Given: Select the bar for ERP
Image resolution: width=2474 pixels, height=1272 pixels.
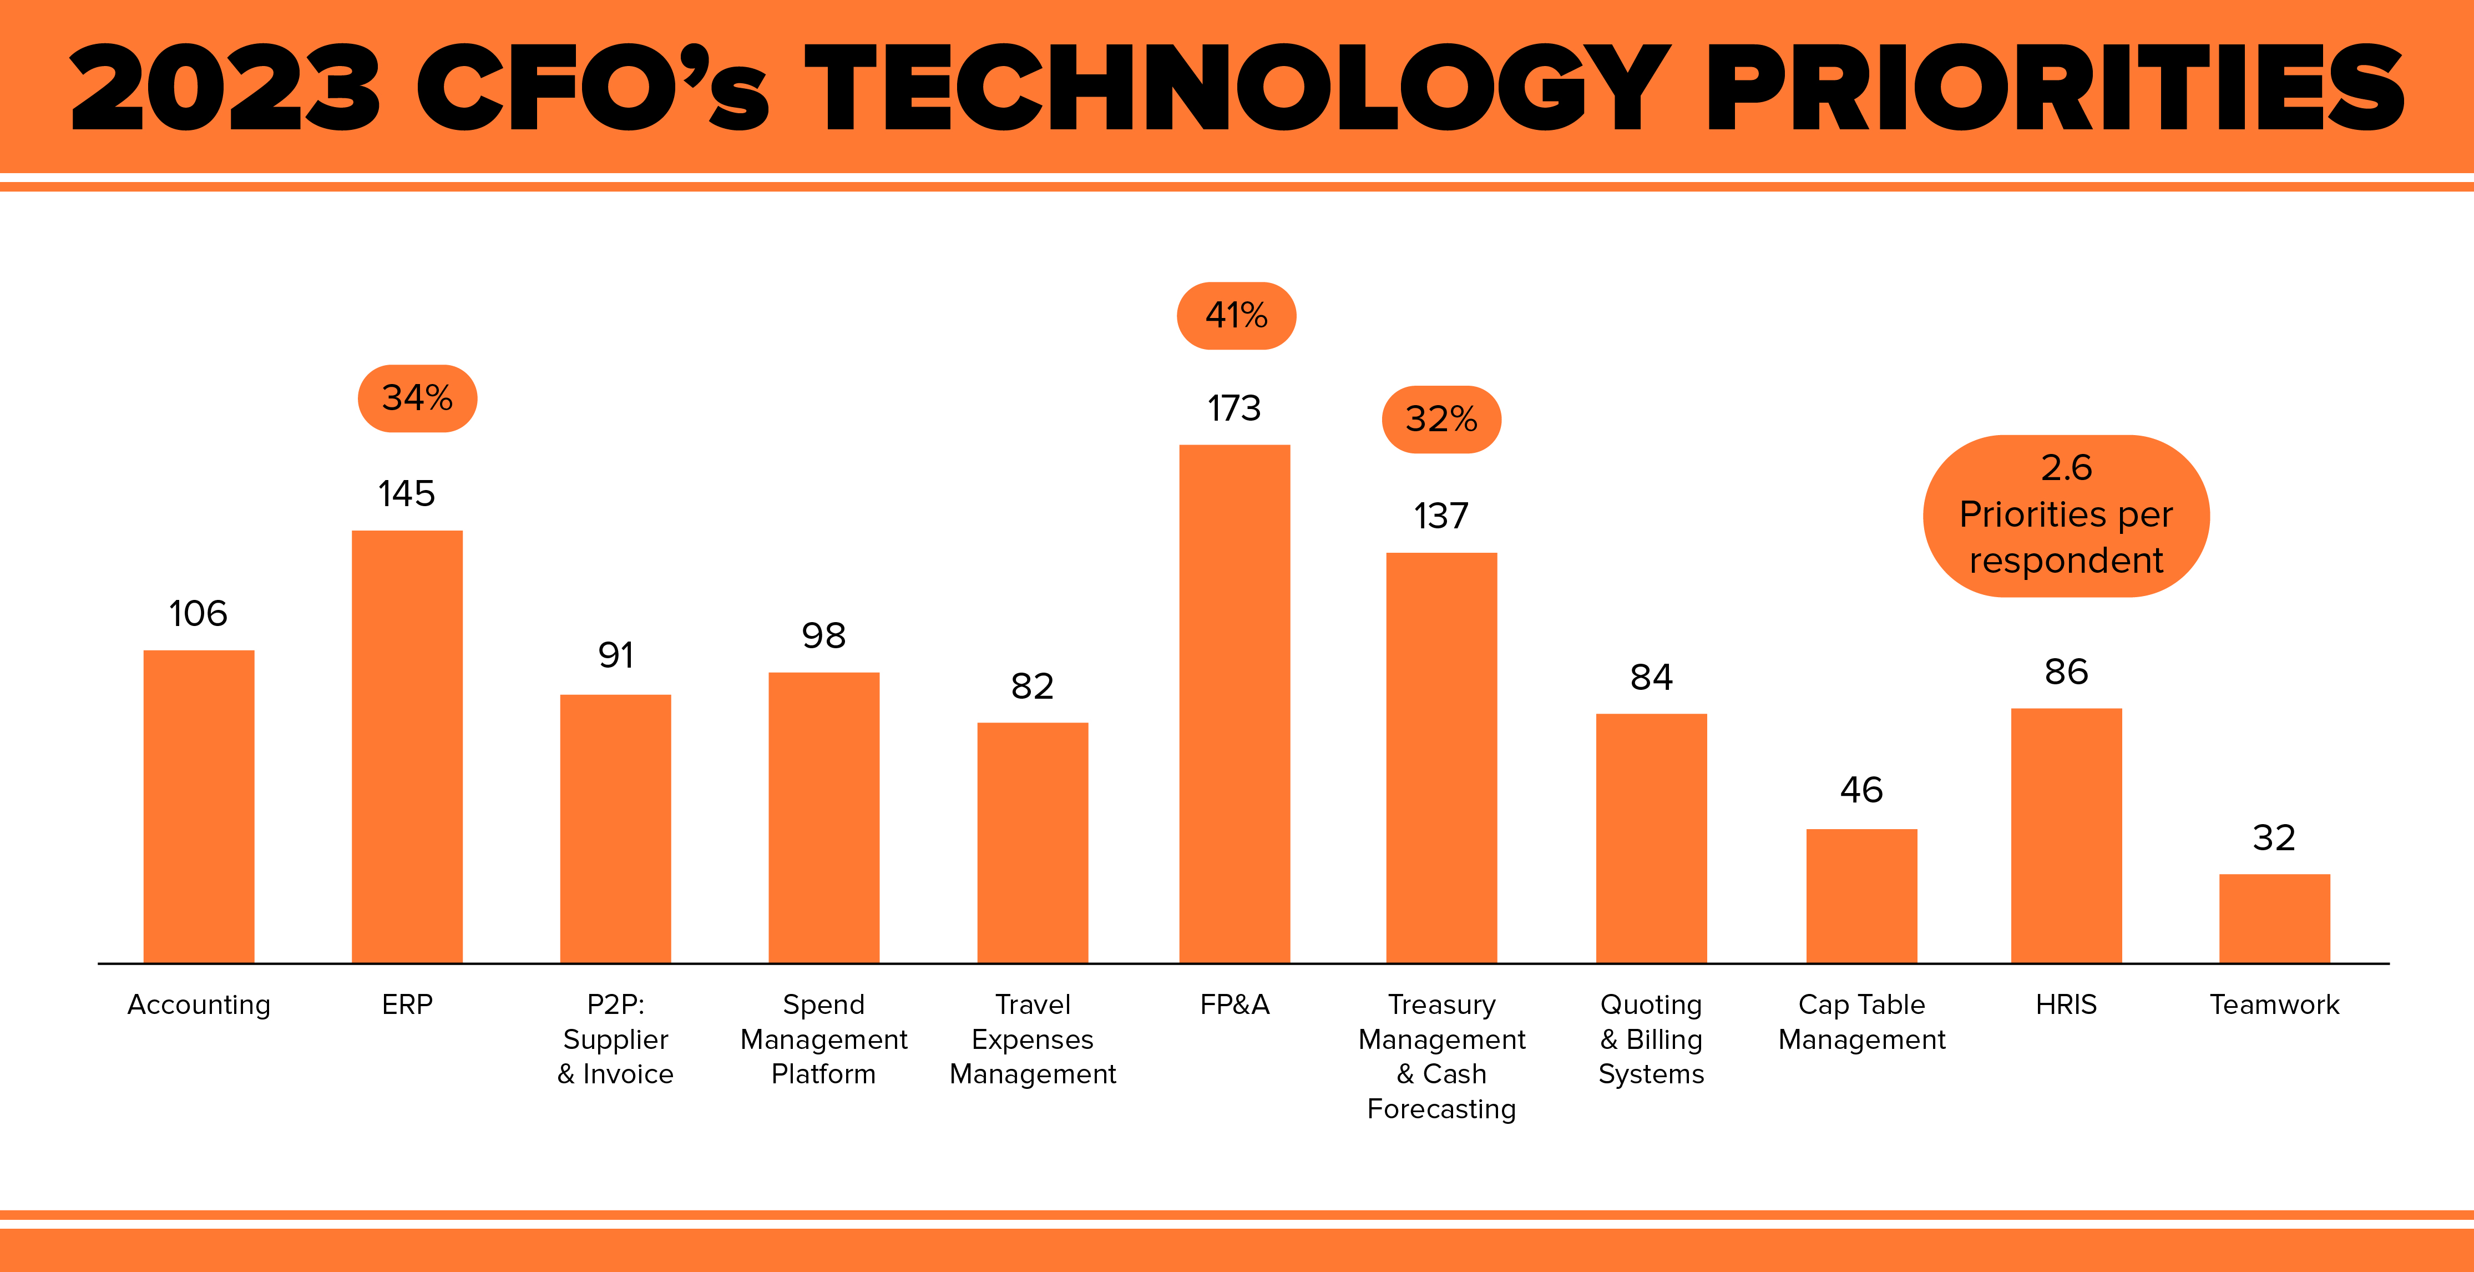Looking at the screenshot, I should [407, 746].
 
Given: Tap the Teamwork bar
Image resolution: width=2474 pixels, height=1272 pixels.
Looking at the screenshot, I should [2274, 918].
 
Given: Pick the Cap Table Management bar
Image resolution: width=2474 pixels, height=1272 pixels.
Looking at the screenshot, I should [1861, 895].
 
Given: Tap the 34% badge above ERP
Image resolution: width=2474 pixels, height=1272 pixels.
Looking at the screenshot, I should [417, 398].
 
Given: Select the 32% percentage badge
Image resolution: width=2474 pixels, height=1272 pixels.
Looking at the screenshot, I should [1440, 420].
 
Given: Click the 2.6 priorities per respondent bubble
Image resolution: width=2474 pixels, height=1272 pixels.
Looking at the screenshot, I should [2066, 516].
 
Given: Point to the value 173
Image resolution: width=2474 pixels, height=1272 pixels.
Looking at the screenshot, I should [1234, 409].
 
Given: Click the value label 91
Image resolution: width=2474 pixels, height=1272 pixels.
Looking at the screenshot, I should [616, 656].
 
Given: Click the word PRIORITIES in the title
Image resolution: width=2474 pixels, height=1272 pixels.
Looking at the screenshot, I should [2055, 88].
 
